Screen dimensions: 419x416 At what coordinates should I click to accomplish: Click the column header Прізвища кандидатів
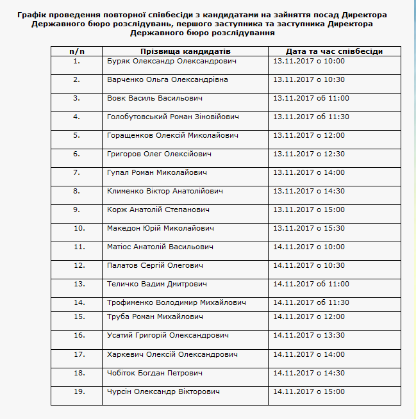tap(185, 51)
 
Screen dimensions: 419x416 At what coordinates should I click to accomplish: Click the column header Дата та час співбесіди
tap(335, 51)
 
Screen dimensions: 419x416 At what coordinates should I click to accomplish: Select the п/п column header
tap(76, 51)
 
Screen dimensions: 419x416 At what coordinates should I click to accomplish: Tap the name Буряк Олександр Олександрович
tap(172, 62)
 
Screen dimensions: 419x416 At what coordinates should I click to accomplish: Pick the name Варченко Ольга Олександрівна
tap(167, 80)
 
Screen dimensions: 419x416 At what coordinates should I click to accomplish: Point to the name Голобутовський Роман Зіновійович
tap(173, 117)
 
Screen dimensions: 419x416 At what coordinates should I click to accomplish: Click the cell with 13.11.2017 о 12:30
tap(309, 154)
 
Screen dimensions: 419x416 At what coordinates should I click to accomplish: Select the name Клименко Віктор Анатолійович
tap(165, 192)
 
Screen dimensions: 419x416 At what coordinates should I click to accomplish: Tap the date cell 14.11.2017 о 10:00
tap(309, 247)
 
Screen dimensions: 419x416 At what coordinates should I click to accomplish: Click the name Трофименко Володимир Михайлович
tap(177, 302)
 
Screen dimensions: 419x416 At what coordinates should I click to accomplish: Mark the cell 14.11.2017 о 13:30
tap(309, 335)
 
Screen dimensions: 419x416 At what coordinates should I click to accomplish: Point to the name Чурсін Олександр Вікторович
tap(163, 391)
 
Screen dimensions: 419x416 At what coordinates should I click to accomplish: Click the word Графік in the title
tap(31, 14)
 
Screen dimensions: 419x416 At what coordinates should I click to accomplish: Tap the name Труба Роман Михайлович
tap(155, 316)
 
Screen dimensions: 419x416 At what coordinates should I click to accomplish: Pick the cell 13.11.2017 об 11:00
tap(311, 99)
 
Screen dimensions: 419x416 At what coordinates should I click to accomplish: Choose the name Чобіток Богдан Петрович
tap(155, 373)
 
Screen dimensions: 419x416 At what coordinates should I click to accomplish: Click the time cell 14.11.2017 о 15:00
tap(309, 391)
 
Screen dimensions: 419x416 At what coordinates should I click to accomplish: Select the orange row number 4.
tap(77, 117)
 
